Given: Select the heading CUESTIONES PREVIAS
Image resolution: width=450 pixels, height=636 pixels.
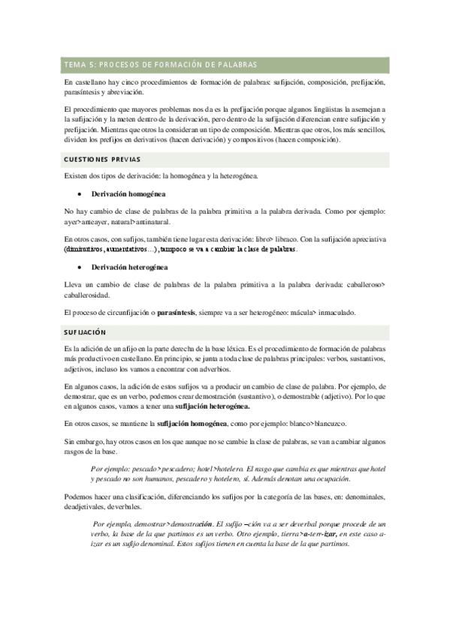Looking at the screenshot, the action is (98, 159).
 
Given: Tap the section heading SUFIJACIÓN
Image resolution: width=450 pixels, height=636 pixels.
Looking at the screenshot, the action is (84, 331).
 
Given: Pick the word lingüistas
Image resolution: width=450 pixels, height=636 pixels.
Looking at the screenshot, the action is (309, 109).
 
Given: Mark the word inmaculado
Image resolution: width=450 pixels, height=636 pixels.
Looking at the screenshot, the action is (328, 312).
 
